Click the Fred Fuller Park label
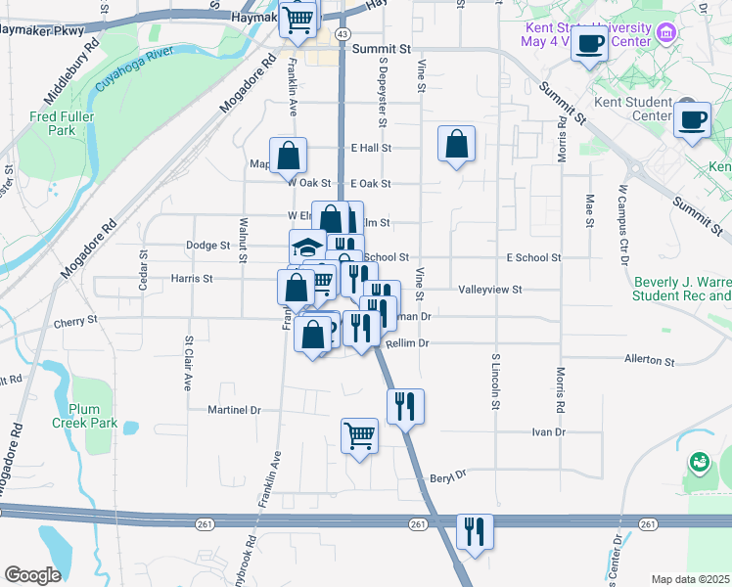(53, 123)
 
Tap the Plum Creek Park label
(93, 417)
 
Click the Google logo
(32, 575)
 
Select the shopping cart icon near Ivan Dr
(359, 434)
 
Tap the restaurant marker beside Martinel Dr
(405, 404)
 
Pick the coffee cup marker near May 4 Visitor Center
(589, 44)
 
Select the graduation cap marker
(307, 245)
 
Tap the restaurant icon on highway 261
(475, 532)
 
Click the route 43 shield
(341, 33)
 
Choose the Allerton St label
(650, 361)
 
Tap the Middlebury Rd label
(71, 74)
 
